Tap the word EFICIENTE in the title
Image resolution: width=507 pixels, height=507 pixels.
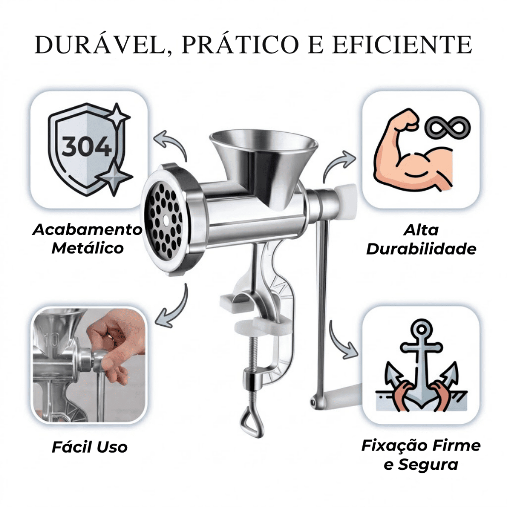402,45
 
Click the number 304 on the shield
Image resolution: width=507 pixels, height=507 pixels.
87,147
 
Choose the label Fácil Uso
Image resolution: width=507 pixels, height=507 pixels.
90,447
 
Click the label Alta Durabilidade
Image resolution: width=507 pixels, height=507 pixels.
421,240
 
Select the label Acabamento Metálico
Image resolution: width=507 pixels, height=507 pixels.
87,239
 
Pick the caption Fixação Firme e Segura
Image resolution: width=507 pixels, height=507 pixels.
421,455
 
